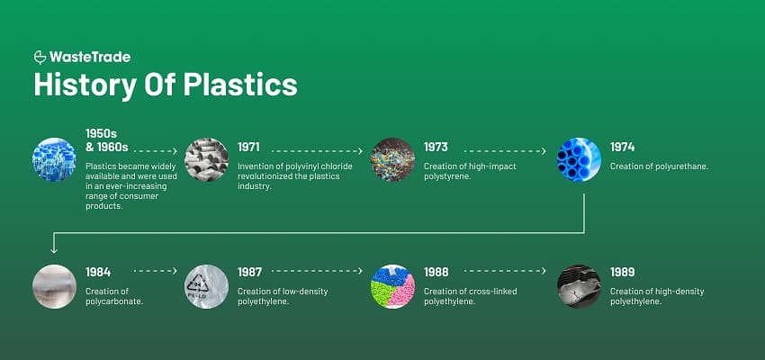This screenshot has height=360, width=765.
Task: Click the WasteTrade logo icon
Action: tap(40, 58)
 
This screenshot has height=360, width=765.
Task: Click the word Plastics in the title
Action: tap(240, 85)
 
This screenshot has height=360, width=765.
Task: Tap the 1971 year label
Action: tap(249, 147)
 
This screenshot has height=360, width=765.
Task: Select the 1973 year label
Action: tap(436, 147)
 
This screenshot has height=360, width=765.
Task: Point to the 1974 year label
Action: tap(622, 147)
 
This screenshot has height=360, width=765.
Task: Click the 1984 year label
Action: tap(98, 271)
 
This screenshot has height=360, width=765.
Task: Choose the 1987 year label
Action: tap(250, 271)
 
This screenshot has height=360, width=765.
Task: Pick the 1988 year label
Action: tap(436, 271)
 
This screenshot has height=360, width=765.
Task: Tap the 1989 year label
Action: tap(622, 271)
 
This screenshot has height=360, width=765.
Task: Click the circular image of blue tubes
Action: tap(579, 160)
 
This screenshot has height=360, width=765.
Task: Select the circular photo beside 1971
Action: tap(206, 160)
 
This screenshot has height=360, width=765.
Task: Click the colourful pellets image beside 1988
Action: tap(392, 286)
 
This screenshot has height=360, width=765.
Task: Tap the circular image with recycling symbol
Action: tap(206, 286)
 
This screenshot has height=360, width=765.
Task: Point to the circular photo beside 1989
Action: tap(579, 286)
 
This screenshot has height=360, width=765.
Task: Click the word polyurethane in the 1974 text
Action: tap(679, 166)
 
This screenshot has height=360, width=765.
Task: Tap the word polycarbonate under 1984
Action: tap(114, 301)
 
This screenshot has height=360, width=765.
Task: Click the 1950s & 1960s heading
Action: tap(106, 140)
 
